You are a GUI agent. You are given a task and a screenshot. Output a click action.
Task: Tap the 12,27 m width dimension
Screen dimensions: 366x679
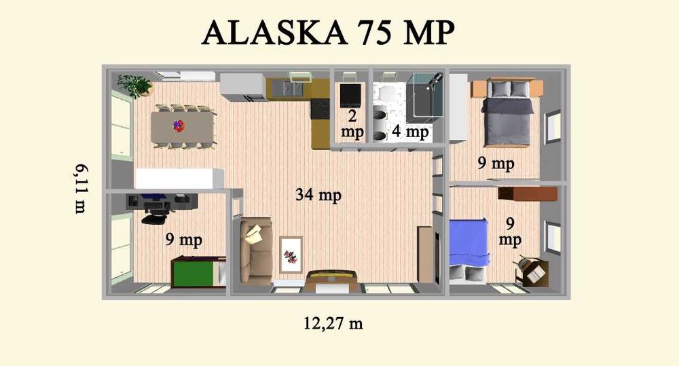pos(333,323)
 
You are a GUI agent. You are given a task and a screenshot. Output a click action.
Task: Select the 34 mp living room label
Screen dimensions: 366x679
pos(318,196)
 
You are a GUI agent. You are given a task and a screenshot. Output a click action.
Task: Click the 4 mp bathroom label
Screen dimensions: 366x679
pos(408,132)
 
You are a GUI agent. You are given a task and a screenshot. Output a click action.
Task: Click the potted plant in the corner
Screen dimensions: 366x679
pos(136,85)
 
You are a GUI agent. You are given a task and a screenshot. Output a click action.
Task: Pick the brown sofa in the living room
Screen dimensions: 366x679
pos(256,249)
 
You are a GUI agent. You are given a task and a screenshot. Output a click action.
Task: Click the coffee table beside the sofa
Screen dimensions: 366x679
pos(291,255)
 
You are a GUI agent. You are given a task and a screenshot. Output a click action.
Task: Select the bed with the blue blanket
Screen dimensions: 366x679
pos(469,244)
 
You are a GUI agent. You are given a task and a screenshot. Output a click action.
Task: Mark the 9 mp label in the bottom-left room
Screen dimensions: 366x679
pos(183,240)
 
